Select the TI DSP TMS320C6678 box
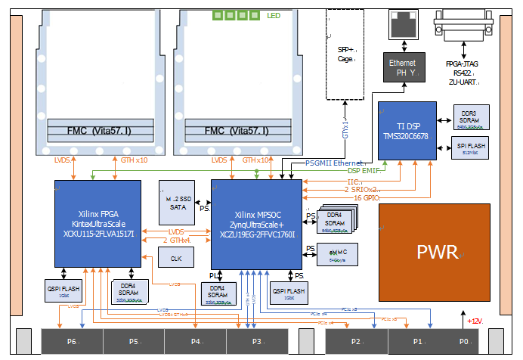(407, 130)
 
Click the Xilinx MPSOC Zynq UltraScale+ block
(256, 223)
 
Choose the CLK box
(176, 257)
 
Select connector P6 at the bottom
(71, 342)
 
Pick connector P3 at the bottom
(256, 342)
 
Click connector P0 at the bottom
(464, 342)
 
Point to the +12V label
(475, 321)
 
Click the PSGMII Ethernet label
(333, 163)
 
